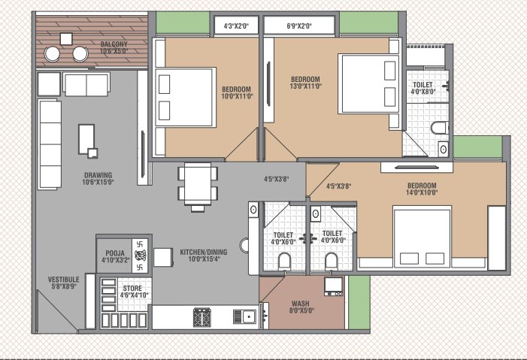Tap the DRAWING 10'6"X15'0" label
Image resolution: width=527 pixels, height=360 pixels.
tap(98, 178)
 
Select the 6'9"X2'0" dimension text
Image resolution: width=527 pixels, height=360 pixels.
tap(299, 26)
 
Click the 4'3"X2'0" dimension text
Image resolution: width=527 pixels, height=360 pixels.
tap(236, 26)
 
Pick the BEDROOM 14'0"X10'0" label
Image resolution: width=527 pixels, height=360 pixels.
tap(422, 189)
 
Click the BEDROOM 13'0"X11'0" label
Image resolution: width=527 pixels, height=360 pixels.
tap(305, 83)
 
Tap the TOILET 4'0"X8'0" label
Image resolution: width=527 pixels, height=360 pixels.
tap(423, 88)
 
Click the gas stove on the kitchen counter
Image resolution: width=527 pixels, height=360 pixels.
tap(201, 317)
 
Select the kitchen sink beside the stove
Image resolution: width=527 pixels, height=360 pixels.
tap(244, 316)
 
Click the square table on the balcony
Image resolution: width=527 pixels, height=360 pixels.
tap(66, 39)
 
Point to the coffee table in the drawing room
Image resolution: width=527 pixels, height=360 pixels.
tap(86, 139)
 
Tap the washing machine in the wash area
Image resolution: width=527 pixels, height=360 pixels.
tap(334, 286)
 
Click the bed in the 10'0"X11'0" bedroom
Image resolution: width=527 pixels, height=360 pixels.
tap(186, 98)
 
